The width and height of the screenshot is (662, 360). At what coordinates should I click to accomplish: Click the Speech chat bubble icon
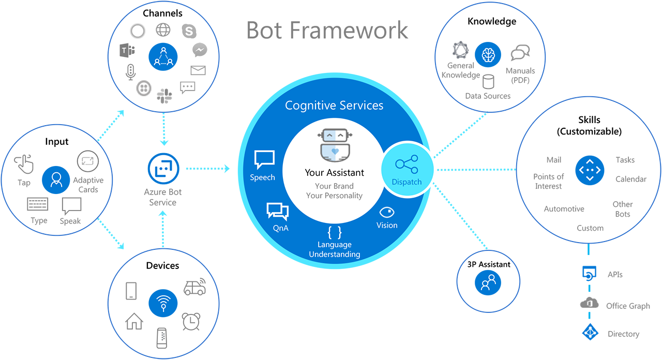(x=264, y=160)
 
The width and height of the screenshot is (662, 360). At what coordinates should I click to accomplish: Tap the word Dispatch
(x=407, y=182)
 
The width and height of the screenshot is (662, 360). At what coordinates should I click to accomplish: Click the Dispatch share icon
(x=407, y=165)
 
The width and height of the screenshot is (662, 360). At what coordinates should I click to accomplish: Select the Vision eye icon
(x=387, y=212)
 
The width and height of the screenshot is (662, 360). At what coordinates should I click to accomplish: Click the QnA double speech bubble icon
(x=277, y=212)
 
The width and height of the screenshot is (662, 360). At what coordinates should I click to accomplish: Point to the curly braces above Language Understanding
(x=335, y=232)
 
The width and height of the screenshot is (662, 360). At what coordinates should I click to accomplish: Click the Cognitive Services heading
(x=334, y=106)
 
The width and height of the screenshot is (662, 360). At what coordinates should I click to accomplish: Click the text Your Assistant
(x=334, y=173)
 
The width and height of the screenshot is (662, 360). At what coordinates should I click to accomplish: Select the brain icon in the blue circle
(x=488, y=55)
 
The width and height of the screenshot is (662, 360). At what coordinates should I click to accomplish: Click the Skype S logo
(x=189, y=31)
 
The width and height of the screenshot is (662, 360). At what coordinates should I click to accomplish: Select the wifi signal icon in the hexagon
(x=164, y=302)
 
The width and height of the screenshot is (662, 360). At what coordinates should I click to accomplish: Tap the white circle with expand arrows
(x=87, y=161)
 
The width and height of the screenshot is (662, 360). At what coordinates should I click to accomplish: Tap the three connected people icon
(x=163, y=56)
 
